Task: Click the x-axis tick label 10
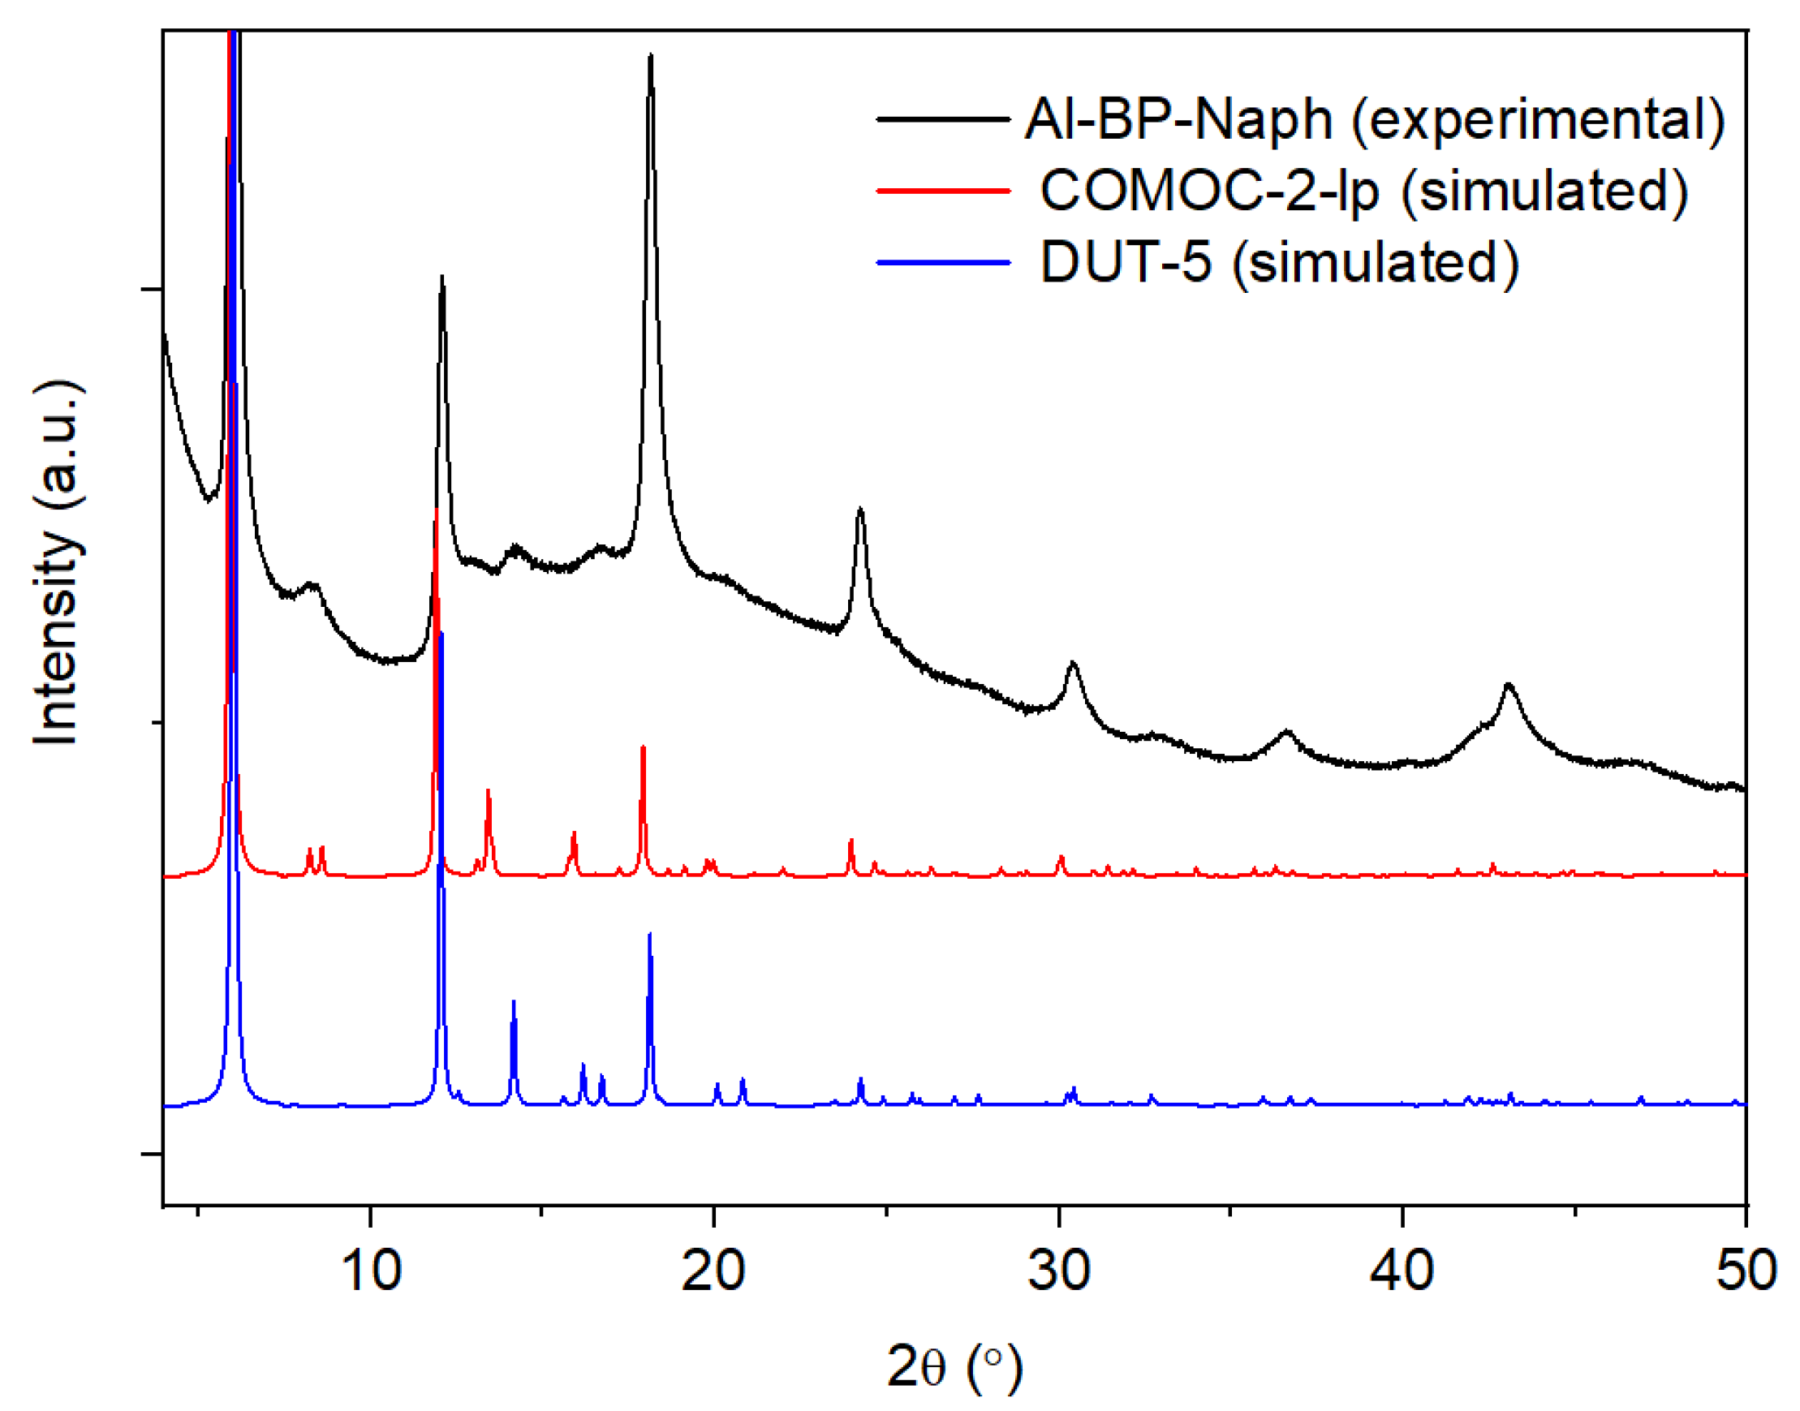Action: pyautogui.click(x=370, y=1271)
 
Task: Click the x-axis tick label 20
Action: pyautogui.click(x=713, y=1271)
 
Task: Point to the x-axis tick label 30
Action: pyautogui.click(x=1058, y=1271)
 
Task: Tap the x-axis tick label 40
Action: pyautogui.click(x=1402, y=1271)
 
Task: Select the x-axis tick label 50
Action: pyautogui.click(x=1746, y=1271)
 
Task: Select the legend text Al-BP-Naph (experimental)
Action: pyautogui.click(x=1375, y=120)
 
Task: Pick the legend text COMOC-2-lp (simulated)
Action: pyautogui.click(x=1364, y=191)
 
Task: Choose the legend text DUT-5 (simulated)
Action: pyautogui.click(x=1280, y=263)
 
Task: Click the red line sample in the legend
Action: pyautogui.click(x=943, y=191)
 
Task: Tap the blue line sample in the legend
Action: pyautogui.click(x=943, y=263)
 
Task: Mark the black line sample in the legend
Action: pyautogui.click(x=943, y=120)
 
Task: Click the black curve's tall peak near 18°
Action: pyautogui.click(x=651, y=58)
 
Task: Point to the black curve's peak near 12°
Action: pyautogui.click(x=443, y=279)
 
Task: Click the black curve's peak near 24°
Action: pyautogui.click(x=861, y=510)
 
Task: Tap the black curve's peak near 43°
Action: pyautogui.click(x=1509, y=685)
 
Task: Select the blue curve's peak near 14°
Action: pyautogui.click(x=514, y=1003)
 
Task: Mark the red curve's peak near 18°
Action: pyautogui.click(x=643, y=748)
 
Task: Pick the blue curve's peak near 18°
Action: pyautogui.click(x=650, y=936)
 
